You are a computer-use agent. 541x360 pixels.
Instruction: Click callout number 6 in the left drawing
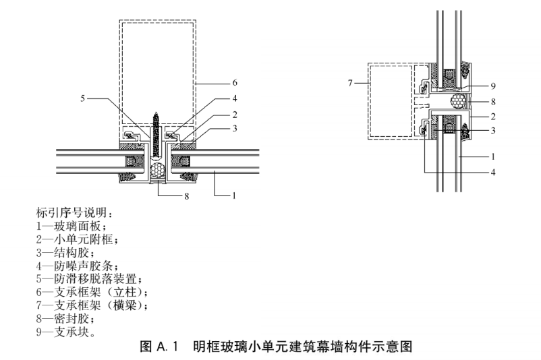(x=235, y=83)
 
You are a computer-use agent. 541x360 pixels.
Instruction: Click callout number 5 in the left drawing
(x=82, y=98)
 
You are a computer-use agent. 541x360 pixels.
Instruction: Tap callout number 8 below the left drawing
(x=187, y=196)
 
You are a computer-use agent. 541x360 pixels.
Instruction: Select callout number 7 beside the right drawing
(x=350, y=83)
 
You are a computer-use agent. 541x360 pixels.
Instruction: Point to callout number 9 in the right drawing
(x=493, y=86)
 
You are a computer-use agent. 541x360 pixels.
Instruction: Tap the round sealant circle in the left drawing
(x=159, y=171)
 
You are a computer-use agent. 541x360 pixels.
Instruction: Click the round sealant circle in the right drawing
(x=459, y=102)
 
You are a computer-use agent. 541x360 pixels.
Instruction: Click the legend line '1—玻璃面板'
(x=72, y=227)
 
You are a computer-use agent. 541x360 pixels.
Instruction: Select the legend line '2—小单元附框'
(x=78, y=239)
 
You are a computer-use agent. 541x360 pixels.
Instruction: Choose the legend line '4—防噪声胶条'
(x=78, y=266)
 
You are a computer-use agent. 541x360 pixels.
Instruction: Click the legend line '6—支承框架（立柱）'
(x=92, y=293)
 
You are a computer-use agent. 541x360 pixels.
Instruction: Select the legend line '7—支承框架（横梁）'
(x=92, y=305)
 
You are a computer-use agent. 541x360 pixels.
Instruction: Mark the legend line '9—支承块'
(x=66, y=332)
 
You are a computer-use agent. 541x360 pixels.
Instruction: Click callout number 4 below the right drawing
(x=493, y=172)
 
